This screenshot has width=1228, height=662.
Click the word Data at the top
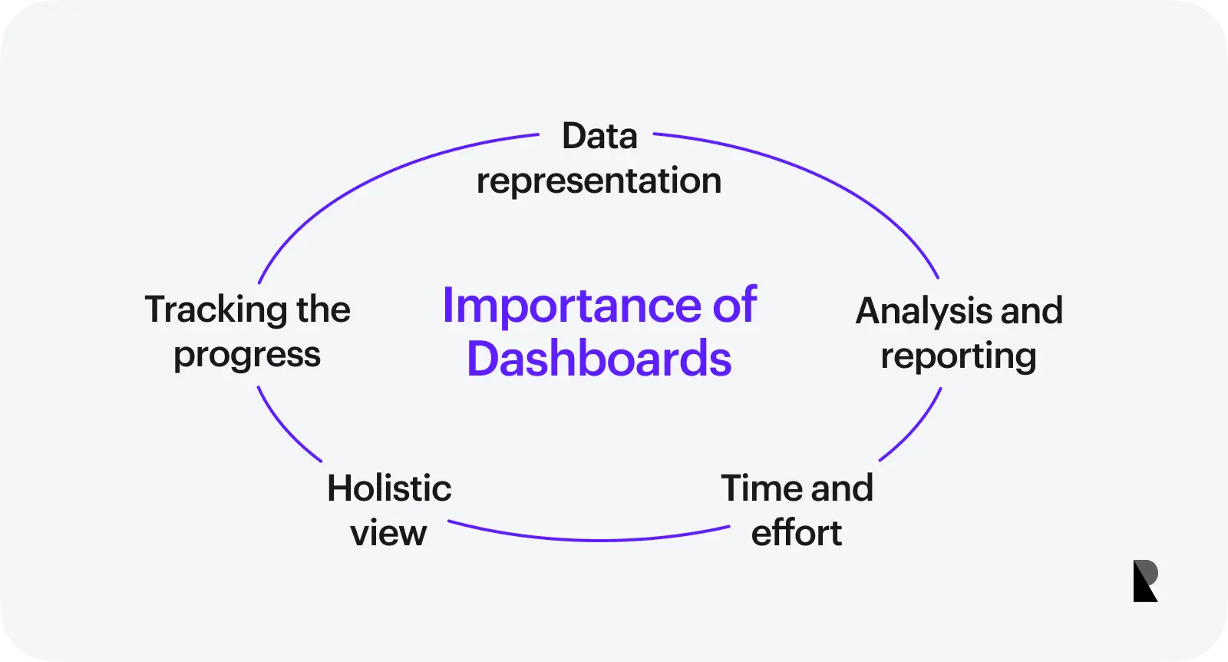(x=599, y=137)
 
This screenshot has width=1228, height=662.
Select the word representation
(x=599, y=181)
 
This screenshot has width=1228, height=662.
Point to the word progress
(x=246, y=356)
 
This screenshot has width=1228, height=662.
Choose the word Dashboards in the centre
(x=599, y=359)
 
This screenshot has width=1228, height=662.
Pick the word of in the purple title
(x=734, y=306)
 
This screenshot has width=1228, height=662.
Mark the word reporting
(x=958, y=356)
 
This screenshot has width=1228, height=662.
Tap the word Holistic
(x=389, y=488)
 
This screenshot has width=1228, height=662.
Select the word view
(x=388, y=533)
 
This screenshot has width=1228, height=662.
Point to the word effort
(x=796, y=533)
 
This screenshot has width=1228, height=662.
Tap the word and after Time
(x=842, y=488)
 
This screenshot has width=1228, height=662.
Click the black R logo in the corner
(x=1145, y=581)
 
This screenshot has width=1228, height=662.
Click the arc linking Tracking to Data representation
(x=368, y=177)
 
